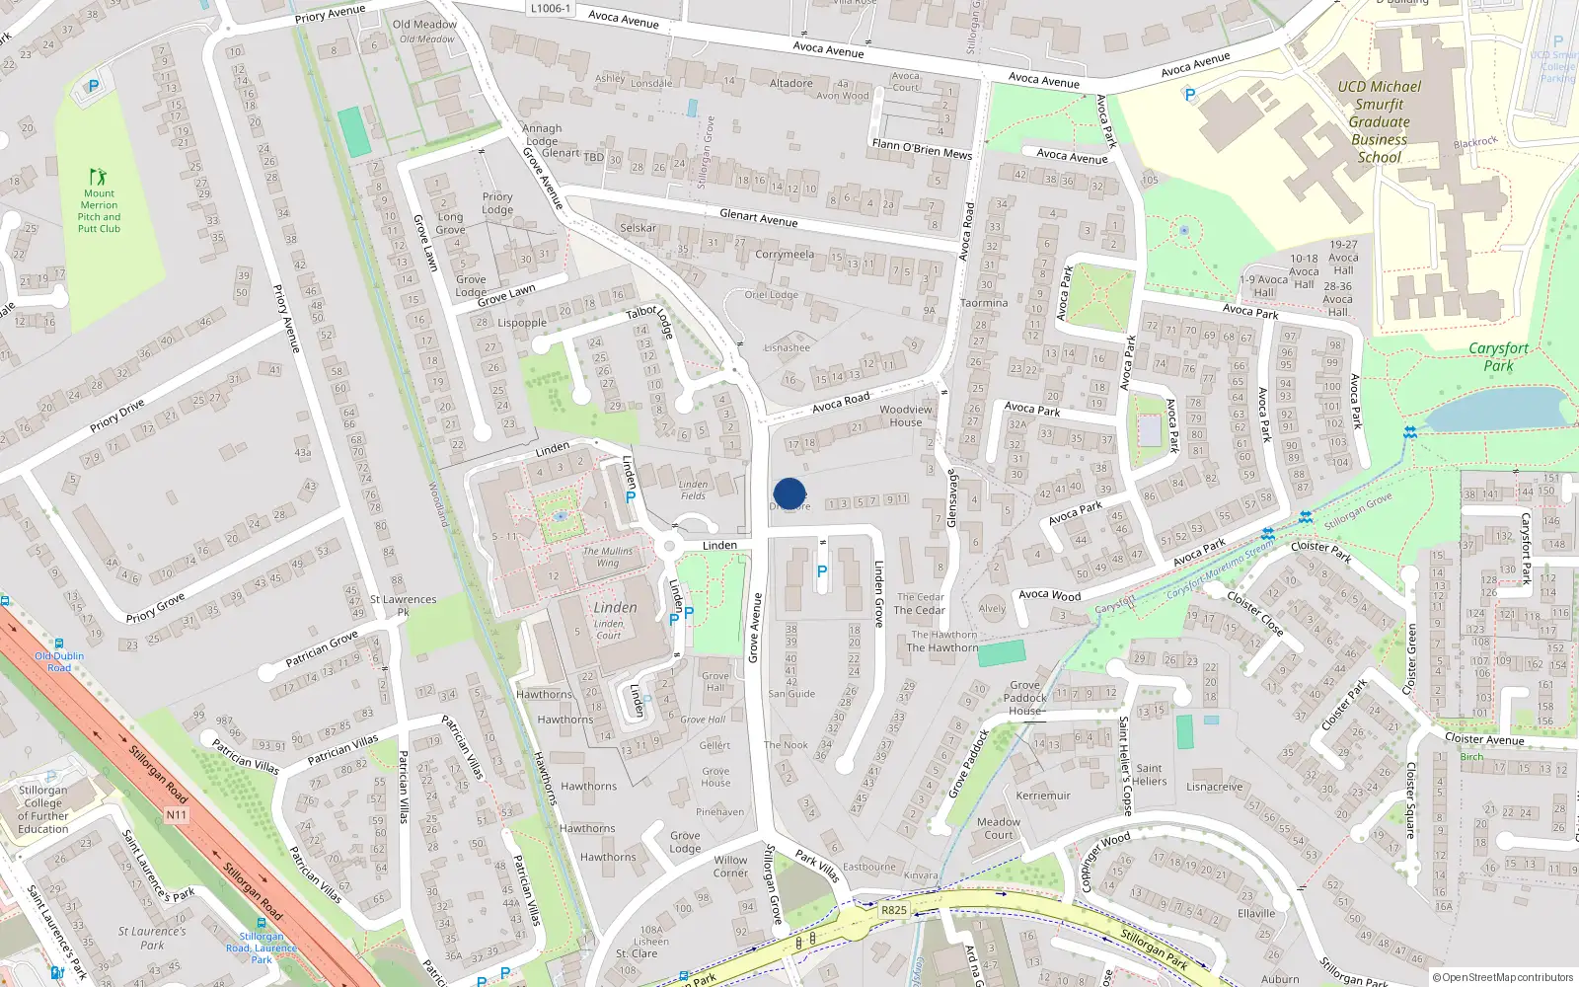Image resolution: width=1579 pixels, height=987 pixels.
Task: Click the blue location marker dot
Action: pyautogui.click(x=789, y=493)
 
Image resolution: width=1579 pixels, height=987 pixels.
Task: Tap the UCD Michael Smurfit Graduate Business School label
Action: pyautogui.click(x=1380, y=121)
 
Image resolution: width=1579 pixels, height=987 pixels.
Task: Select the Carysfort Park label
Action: pyautogui.click(x=1498, y=356)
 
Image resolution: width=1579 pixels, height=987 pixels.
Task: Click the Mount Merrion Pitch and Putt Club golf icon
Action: pyautogui.click(x=98, y=177)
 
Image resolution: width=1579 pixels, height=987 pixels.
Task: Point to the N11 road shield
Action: pyautogui.click(x=176, y=815)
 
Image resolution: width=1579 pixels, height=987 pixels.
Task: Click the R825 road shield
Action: pyautogui.click(x=894, y=910)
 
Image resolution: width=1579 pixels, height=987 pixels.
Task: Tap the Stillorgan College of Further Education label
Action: pyautogui.click(x=43, y=809)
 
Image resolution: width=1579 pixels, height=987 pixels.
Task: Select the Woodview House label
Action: pyautogui.click(x=905, y=416)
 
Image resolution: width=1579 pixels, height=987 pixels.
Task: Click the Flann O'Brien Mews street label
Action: pyautogui.click(x=922, y=149)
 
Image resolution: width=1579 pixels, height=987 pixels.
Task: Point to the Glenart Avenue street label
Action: pyautogui.click(x=758, y=218)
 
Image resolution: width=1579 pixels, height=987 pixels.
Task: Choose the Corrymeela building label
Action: pyautogui.click(x=785, y=255)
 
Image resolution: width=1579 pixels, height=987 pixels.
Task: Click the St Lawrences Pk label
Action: pyautogui.click(x=403, y=605)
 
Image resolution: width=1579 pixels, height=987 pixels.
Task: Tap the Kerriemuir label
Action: pyautogui.click(x=1043, y=796)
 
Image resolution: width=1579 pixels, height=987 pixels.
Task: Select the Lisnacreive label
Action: pyautogui.click(x=1214, y=787)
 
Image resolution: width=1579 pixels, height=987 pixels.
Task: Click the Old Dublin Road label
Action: pyautogui.click(x=59, y=661)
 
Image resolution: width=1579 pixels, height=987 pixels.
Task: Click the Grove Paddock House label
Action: pyautogui.click(x=1025, y=698)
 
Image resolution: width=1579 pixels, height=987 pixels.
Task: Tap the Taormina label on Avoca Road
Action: pyautogui.click(x=984, y=303)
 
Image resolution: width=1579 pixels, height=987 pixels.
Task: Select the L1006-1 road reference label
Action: pyautogui.click(x=550, y=9)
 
